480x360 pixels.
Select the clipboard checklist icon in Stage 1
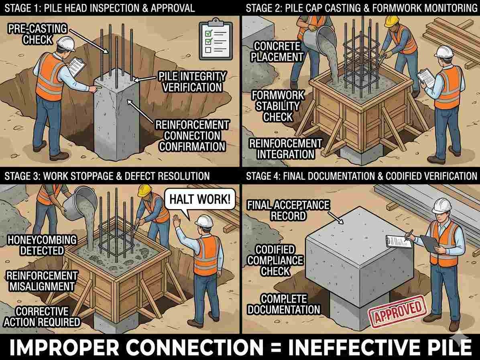(x=216, y=40)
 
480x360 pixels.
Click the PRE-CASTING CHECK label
(x=38, y=34)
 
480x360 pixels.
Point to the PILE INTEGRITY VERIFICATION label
(x=192, y=82)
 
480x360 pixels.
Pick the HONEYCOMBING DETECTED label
(x=42, y=245)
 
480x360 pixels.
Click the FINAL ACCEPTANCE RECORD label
(x=288, y=210)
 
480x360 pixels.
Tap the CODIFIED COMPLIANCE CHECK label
(x=275, y=260)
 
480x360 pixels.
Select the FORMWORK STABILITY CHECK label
(x=278, y=106)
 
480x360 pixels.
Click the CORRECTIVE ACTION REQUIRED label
(x=42, y=317)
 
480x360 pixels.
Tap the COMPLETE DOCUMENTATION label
(x=283, y=304)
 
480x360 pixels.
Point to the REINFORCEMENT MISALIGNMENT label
(x=42, y=281)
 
